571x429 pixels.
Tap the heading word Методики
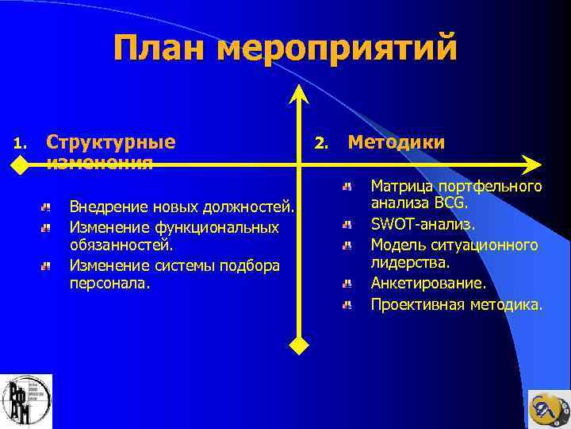(396, 142)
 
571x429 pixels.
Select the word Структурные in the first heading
(111, 142)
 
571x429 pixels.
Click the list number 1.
(21, 145)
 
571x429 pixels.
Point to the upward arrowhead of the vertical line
(298, 94)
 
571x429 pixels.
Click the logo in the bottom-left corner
(26, 401)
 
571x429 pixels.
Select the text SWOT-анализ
(423, 224)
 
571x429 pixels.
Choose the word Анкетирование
(428, 283)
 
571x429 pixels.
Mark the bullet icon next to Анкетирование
(347, 284)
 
